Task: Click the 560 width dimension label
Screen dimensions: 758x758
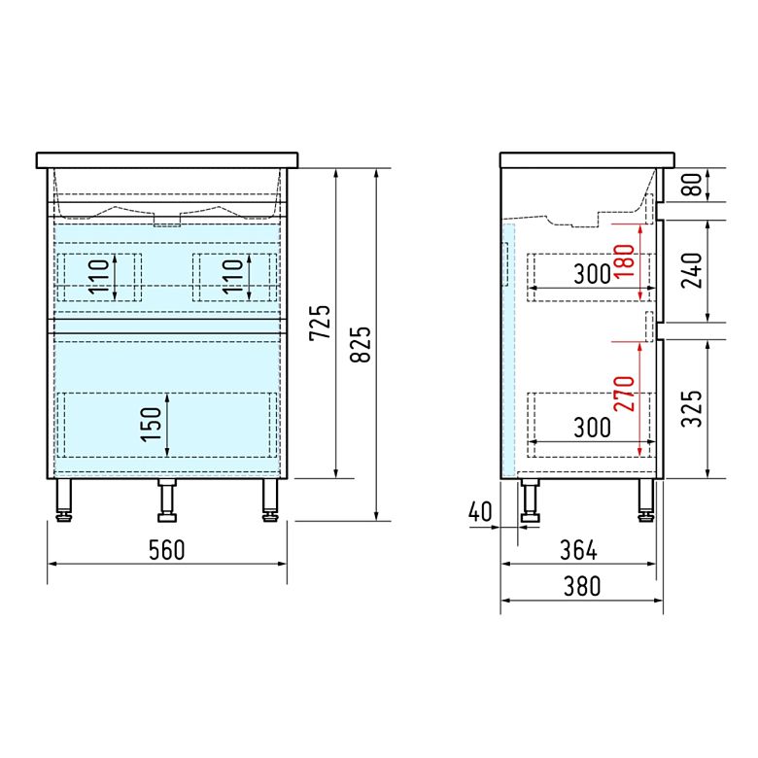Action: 167,550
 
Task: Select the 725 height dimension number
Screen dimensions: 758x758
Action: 320,323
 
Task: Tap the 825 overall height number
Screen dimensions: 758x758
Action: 361,345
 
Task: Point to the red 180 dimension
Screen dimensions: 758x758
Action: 625,261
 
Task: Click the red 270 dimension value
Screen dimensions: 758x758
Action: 625,394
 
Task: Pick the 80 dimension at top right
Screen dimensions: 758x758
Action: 692,185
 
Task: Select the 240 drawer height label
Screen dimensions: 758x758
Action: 692,271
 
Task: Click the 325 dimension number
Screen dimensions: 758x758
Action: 692,408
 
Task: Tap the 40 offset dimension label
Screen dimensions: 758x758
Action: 480,511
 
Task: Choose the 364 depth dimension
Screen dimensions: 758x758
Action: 578,550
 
